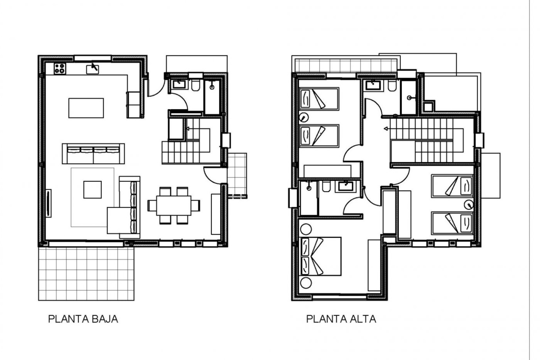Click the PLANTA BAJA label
coord(83,319)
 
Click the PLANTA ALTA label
coord(341,319)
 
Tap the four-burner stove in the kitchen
coord(60,69)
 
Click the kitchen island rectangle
coord(86,108)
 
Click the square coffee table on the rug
coord(92,190)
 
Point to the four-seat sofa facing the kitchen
coord(93,153)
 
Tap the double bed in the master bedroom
coord(321,256)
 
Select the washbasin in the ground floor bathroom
coord(179,84)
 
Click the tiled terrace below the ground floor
coord(86,273)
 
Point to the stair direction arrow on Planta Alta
coord(386,129)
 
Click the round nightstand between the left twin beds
coord(304,117)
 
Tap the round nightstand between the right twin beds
coord(469,205)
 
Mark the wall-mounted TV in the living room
coord(48,203)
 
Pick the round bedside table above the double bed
coord(306,229)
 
